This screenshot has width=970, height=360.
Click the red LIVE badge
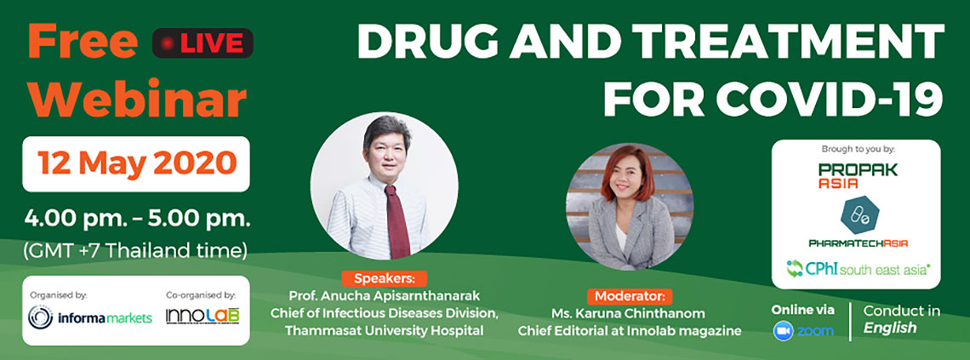pos(203,43)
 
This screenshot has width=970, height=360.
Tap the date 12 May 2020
pos(137,163)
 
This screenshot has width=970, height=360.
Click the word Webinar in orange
pos(137,100)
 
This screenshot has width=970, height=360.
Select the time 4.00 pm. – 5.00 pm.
pos(137,219)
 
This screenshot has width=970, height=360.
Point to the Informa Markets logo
pos(90,317)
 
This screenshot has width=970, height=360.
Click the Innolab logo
pos(203,316)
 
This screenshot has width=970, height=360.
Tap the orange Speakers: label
pos(384,278)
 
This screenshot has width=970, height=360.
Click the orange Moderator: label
pos(629,295)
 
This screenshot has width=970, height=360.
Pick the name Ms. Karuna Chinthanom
pos(629,313)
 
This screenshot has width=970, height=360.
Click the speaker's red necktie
pos(397,220)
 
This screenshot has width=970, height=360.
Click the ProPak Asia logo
pos(858,176)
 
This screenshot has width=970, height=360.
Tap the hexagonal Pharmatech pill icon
pos(858,214)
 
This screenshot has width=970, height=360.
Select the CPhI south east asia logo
pos(858,268)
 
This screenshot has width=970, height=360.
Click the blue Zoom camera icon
pos(783,331)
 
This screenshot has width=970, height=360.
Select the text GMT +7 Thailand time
pos(135,251)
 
